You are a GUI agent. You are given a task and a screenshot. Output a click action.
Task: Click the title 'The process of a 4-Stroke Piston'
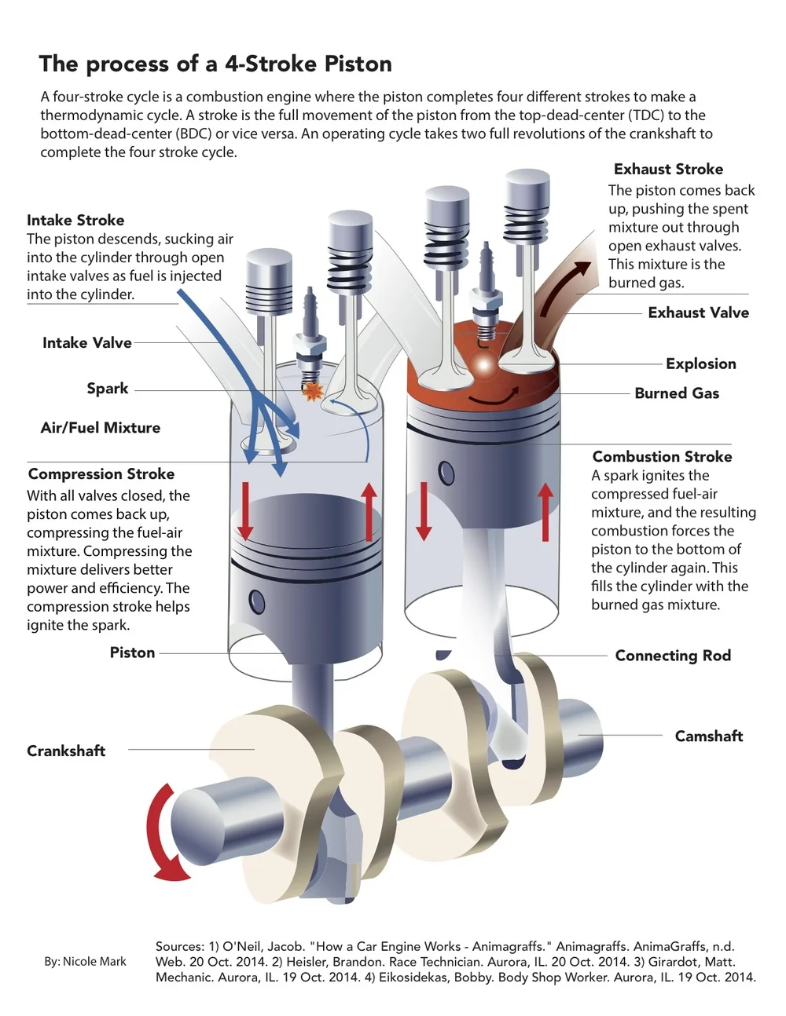click(215, 64)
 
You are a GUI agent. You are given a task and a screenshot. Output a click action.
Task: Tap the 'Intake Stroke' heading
click(75, 220)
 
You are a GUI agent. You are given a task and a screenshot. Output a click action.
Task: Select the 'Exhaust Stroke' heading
click(668, 169)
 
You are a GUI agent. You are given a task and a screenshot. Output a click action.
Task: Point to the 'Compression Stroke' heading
click(101, 473)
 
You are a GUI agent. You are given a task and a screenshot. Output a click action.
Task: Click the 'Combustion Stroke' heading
click(662, 456)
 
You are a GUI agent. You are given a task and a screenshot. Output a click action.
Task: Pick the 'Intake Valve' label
click(87, 342)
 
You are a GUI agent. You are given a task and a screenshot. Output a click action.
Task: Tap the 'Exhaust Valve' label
click(698, 312)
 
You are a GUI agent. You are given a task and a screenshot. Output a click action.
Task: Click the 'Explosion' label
click(700, 364)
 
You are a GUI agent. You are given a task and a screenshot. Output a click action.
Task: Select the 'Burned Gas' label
click(677, 393)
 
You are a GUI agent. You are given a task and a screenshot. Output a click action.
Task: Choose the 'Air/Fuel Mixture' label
click(101, 428)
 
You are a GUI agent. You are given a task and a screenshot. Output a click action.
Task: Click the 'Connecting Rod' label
click(673, 656)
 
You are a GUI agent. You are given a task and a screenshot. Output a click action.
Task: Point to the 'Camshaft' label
click(708, 736)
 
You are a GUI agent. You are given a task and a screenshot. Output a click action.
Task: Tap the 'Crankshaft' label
click(66, 751)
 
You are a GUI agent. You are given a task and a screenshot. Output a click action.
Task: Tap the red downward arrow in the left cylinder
click(245, 511)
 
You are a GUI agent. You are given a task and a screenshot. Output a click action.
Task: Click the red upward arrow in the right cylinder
click(545, 512)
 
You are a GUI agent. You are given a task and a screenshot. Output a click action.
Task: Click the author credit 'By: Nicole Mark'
click(85, 961)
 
